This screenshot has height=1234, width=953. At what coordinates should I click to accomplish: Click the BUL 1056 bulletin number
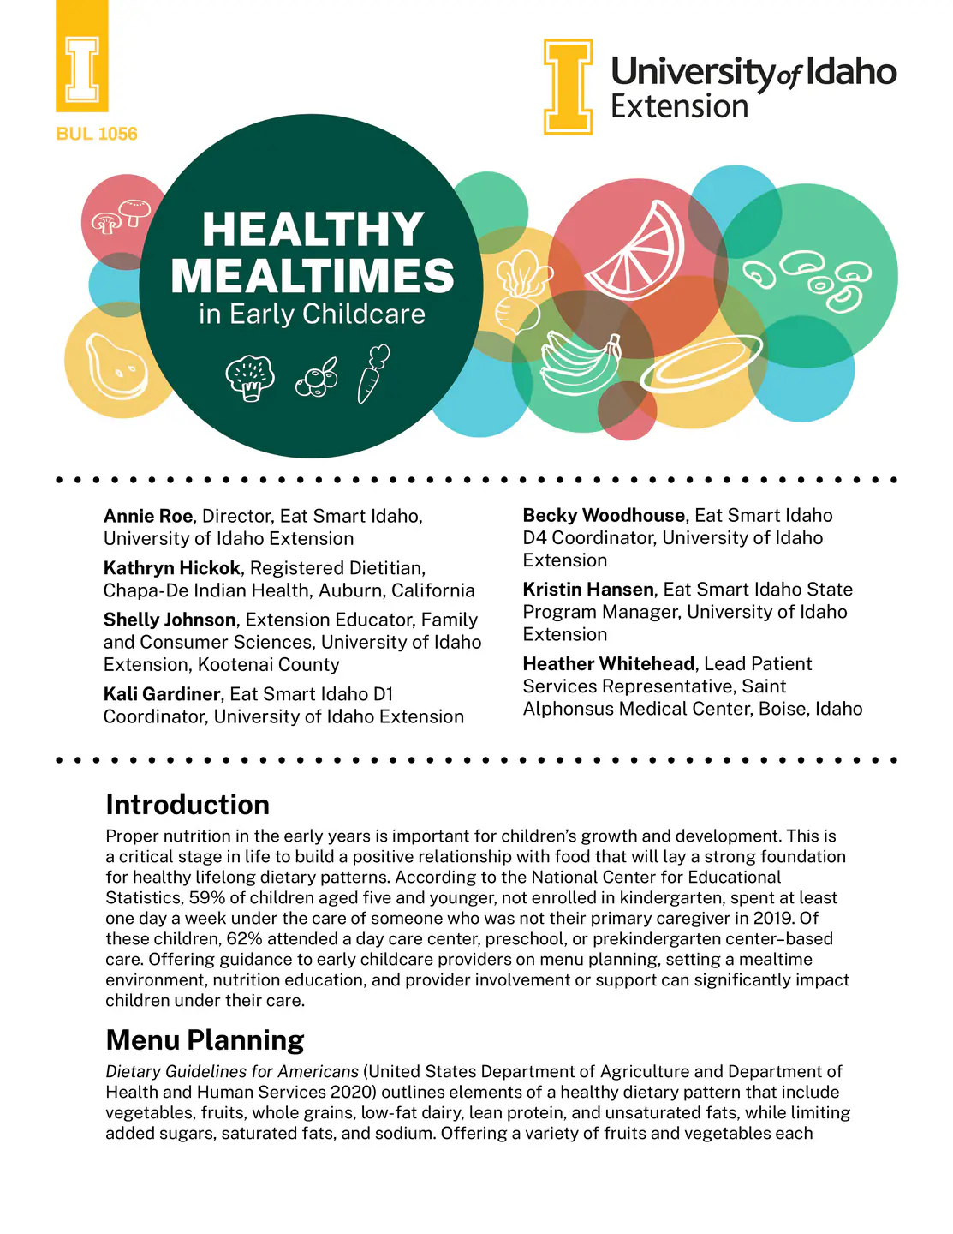[96, 134]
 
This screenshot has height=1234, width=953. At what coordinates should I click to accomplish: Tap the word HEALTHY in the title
[313, 230]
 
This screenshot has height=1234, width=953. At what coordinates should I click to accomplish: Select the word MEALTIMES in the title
[313, 276]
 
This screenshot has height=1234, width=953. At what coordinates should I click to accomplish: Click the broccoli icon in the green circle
[250, 378]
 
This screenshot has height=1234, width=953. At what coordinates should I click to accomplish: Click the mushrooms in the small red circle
[121, 216]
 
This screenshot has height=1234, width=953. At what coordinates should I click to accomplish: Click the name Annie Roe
[148, 516]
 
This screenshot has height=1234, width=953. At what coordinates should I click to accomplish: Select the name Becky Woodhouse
[604, 515]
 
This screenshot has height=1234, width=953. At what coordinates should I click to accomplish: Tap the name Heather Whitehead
[608, 663]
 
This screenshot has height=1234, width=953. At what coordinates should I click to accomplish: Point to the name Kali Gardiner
[162, 694]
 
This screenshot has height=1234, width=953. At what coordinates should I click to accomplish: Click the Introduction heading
[188, 805]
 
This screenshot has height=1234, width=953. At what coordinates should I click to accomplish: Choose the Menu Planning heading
[205, 1039]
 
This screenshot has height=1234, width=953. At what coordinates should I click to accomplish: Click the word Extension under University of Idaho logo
[679, 107]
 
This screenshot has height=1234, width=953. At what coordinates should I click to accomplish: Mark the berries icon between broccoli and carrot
[317, 379]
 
